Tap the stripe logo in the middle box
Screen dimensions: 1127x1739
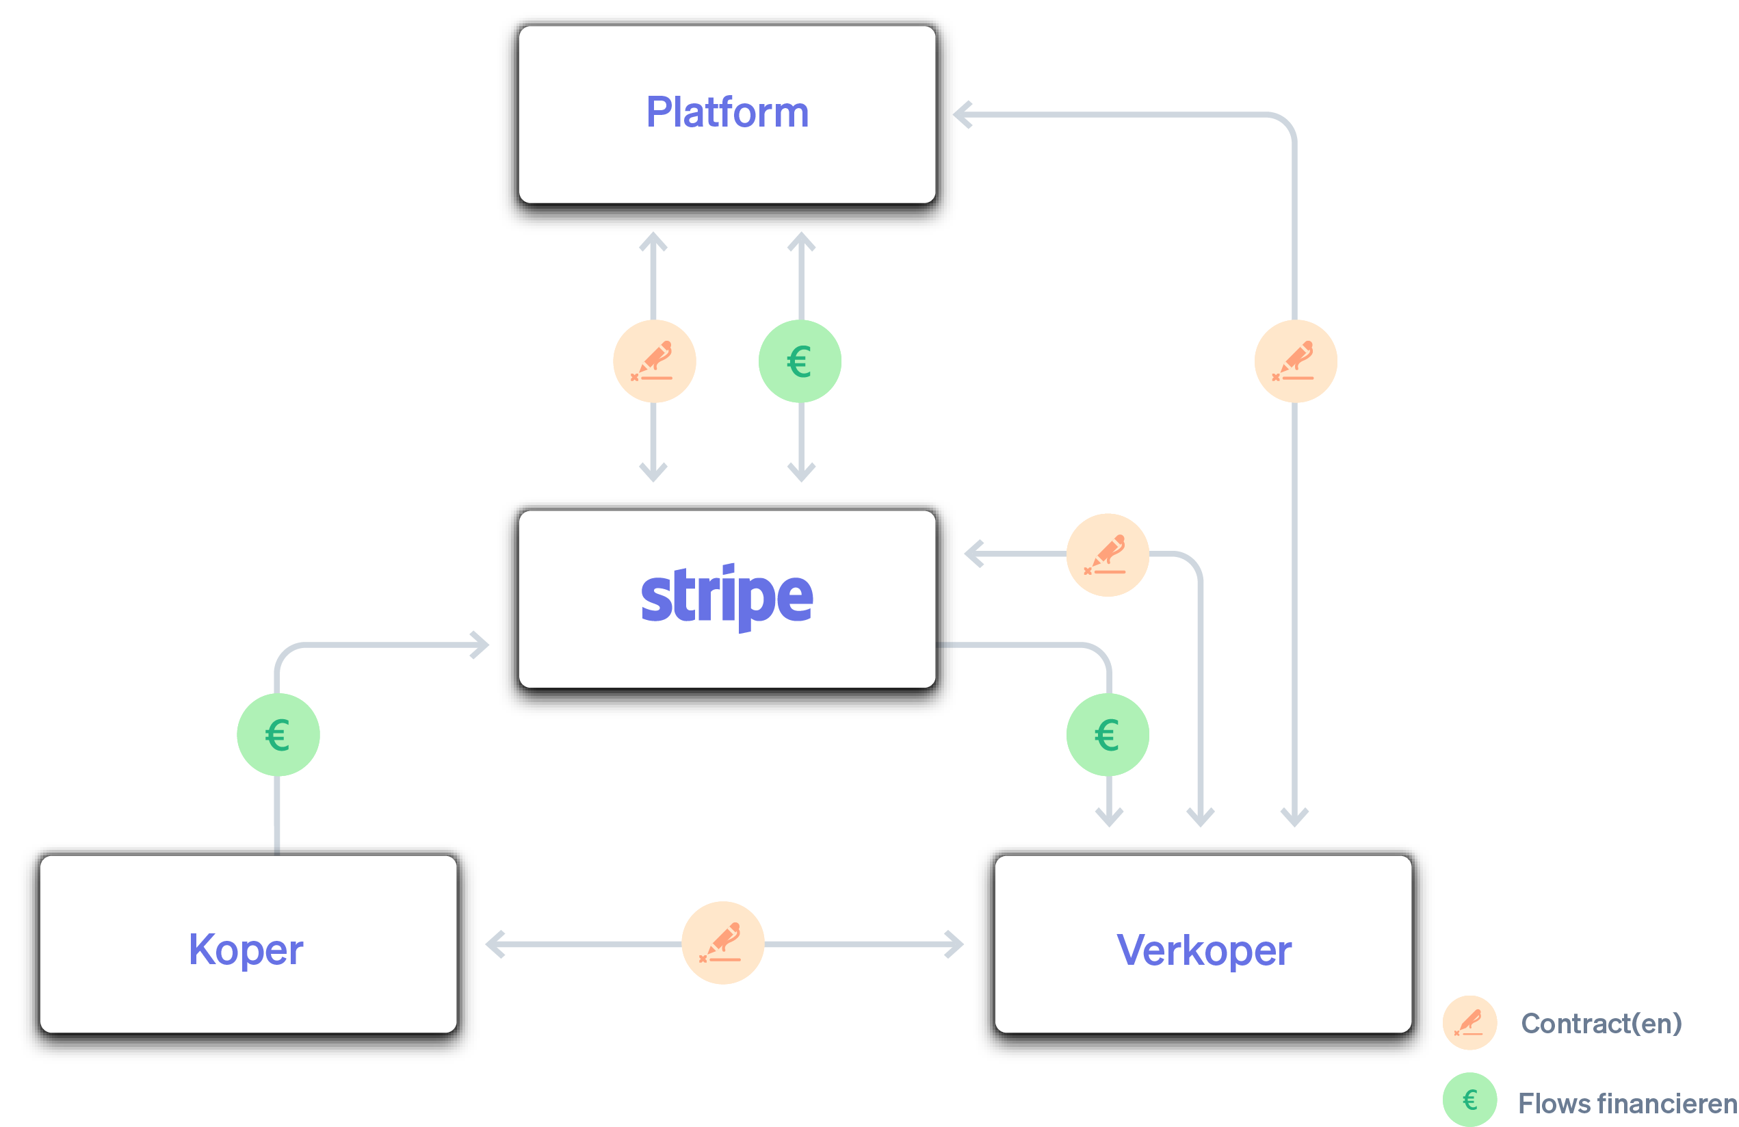[727, 595]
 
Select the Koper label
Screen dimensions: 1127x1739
[246, 950]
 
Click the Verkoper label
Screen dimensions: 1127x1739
[1203, 950]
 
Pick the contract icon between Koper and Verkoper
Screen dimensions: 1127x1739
[722, 943]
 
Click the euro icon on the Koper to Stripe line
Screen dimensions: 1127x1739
[278, 734]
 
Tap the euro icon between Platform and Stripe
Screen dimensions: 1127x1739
[800, 361]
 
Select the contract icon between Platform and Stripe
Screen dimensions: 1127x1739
[654, 361]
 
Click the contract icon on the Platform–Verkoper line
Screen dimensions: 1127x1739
[1296, 361]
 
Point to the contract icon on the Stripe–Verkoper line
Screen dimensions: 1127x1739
[1108, 555]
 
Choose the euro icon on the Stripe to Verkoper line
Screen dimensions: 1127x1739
[1108, 734]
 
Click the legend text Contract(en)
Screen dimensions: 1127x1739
[1601, 1023]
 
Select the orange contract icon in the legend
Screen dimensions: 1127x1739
[1470, 1022]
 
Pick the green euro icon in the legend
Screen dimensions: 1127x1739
[1470, 1100]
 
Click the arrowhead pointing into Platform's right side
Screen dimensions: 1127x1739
[963, 115]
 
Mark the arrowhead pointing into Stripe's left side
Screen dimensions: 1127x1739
[481, 645]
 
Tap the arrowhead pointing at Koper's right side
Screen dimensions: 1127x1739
[495, 944]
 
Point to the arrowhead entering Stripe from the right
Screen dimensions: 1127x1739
[973, 554]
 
